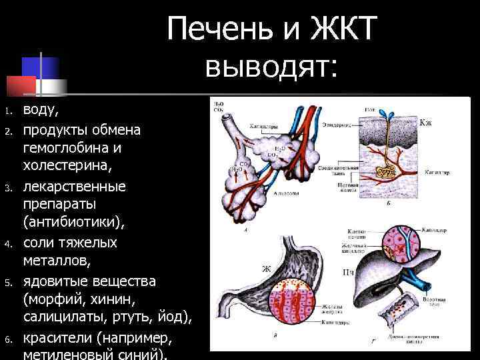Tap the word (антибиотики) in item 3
[x=69, y=219]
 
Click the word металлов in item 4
[x=61, y=261]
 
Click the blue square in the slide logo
[x=41, y=67]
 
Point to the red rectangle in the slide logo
[x=21, y=86]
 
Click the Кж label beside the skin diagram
[x=425, y=123]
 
